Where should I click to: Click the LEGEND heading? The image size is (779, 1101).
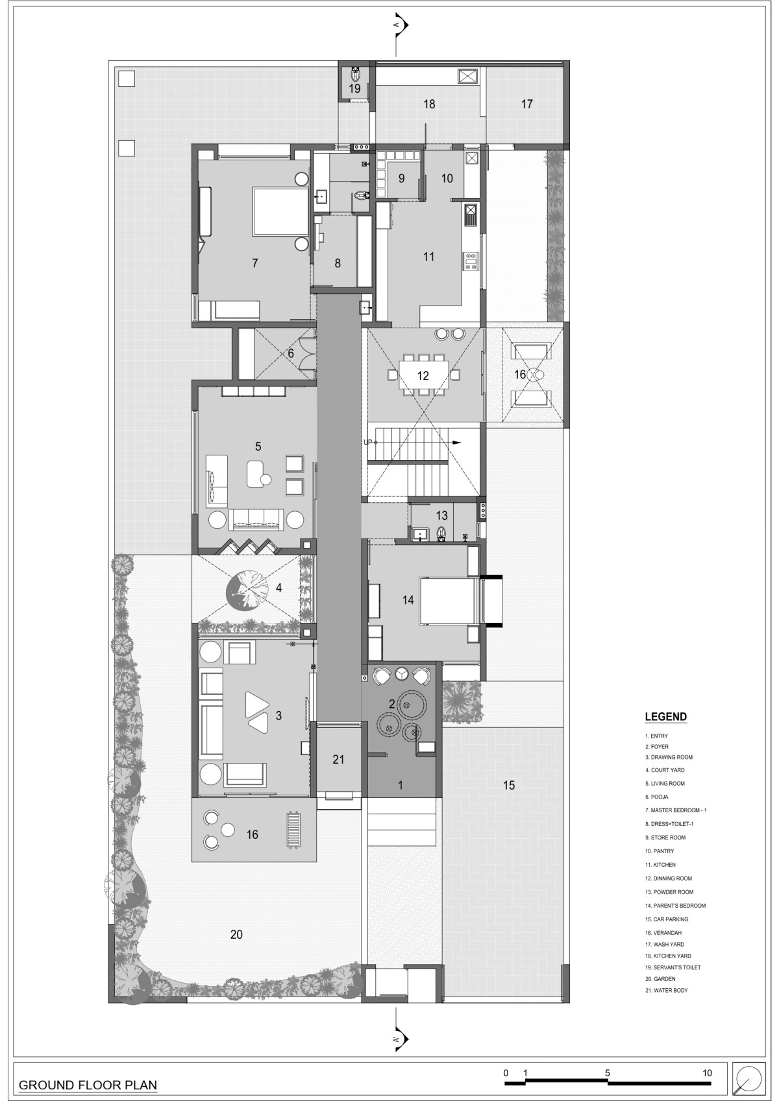click(x=666, y=717)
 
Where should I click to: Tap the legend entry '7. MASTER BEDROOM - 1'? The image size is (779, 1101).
click(x=676, y=810)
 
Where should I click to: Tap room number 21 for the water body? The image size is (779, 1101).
click(x=338, y=759)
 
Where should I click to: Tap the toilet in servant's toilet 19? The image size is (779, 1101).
click(x=355, y=74)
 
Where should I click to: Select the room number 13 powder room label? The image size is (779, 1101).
click(x=441, y=516)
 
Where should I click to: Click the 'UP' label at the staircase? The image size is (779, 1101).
click(x=368, y=442)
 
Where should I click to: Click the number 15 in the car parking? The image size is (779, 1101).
click(x=509, y=786)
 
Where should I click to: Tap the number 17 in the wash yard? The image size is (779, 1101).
click(x=526, y=104)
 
